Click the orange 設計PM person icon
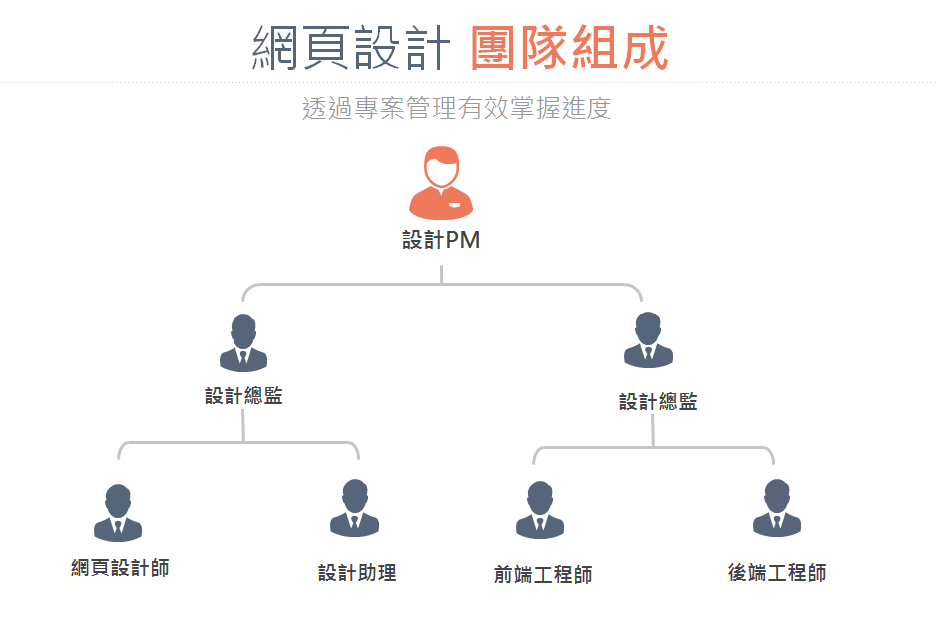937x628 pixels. (x=441, y=182)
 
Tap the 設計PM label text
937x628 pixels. (x=441, y=240)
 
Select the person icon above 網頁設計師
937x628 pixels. (x=118, y=513)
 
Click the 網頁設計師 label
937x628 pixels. (x=120, y=568)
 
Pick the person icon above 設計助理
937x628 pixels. (x=355, y=509)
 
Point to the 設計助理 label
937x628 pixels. (x=357, y=573)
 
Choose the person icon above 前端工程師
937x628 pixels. (x=540, y=510)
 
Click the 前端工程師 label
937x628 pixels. (x=543, y=575)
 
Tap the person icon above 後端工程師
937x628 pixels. (x=777, y=509)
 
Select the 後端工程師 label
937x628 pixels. (x=777, y=573)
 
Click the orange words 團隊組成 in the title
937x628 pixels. (x=569, y=48)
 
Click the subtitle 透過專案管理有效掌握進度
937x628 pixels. (x=456, y=108)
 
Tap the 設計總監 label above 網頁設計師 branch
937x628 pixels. (x=243, y=396)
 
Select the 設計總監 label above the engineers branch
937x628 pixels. (x=658, y=402)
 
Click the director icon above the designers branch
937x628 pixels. (x=243, y=343)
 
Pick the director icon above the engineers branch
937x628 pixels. (x=649, y=340)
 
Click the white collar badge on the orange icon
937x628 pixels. (x=455, y=205)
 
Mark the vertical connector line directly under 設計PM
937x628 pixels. (x=441, y=268)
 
